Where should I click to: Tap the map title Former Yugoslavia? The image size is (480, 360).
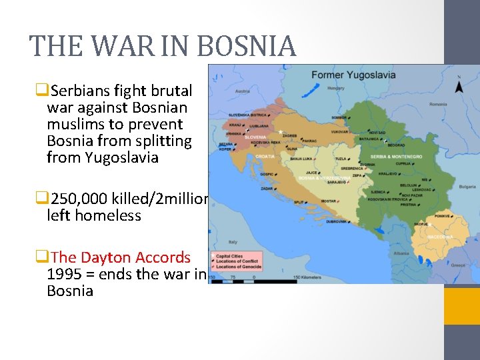coord(353,74)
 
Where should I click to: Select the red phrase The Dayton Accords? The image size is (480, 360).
coord(120,257)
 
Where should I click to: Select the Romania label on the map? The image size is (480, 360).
coord(438,104)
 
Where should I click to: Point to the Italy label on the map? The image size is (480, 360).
coord(233,242)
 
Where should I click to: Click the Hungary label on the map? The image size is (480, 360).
coord(336,88)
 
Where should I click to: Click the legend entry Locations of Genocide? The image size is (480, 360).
coord(238,267)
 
